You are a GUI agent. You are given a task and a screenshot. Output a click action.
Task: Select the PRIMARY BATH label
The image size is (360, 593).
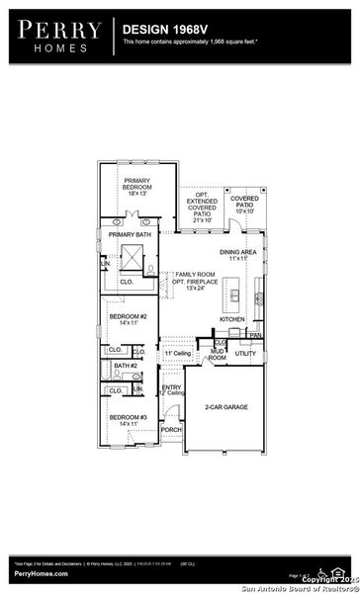(x=129, y=234)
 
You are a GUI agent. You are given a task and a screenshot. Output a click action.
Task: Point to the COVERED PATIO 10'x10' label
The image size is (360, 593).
(x=243, y=203)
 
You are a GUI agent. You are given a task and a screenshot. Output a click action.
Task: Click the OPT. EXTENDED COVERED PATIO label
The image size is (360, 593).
(x=203, y=205)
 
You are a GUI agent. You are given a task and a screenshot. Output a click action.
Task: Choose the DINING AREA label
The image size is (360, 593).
(x=239, y=255)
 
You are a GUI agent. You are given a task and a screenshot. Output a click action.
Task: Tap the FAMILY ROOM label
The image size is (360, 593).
(x=195, y=281)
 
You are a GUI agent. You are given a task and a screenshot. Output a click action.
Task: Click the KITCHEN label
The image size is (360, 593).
(x=231, y=319)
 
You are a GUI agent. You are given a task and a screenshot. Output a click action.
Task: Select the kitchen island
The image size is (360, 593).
(x=235, y=294)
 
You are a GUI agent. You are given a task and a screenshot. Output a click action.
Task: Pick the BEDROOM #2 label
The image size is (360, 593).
(x=128, y=319)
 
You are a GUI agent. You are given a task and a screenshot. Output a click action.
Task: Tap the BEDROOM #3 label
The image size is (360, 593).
(x=128, y=420)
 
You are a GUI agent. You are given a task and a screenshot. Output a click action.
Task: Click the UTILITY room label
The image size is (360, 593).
(x=245, y=352)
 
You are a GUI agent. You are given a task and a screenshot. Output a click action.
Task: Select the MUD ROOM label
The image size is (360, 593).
(x=217, y=354)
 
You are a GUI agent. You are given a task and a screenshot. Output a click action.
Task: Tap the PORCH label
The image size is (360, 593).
(x=171, y=430)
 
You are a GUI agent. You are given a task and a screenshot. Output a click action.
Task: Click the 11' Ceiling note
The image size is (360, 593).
(x=176, y=353)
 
